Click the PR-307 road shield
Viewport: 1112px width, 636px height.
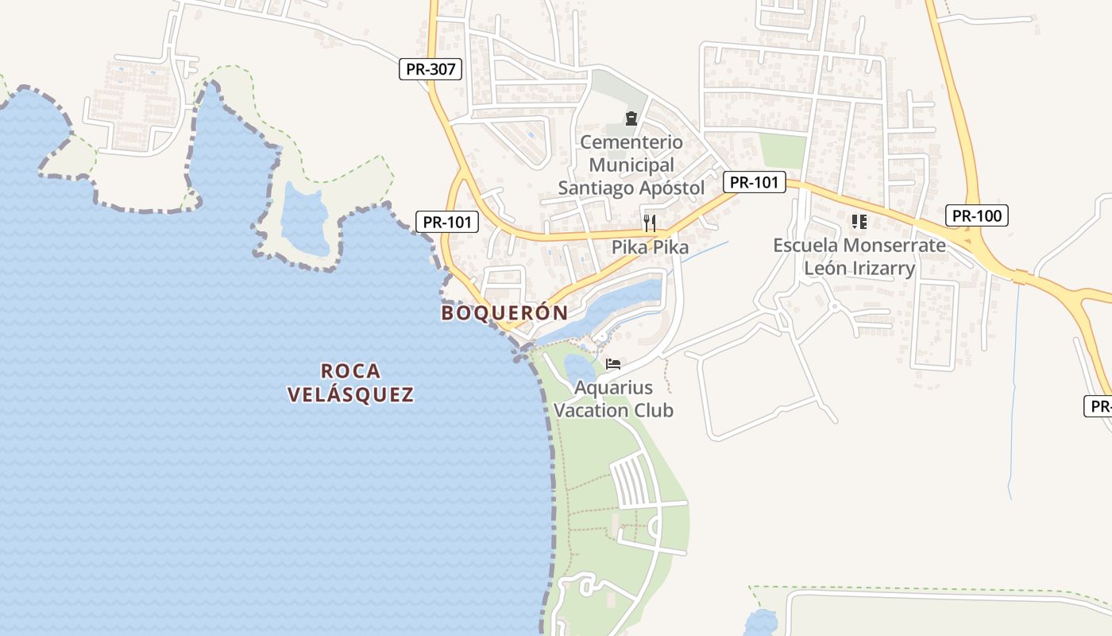(431, 69)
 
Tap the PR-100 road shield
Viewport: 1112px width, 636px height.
(977, 215)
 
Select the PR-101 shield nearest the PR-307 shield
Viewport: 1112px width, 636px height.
(447, 222)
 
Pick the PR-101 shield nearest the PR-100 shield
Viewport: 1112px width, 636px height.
(754, 182)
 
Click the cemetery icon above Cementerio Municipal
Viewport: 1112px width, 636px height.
(631, 119)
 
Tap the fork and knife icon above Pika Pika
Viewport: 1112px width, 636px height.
(650, 222)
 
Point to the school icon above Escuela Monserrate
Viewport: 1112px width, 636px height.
(859, 221)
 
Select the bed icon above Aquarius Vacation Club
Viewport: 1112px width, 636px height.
(613, 364)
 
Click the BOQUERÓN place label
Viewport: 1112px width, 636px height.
(504, 313)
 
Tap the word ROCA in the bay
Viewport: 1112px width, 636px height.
(351, 371)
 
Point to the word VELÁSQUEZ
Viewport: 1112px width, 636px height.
(350, 395)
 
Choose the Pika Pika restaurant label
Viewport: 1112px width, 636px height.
(650, 247)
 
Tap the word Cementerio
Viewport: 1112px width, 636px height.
(631, 142)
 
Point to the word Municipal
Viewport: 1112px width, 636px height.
(631, 165)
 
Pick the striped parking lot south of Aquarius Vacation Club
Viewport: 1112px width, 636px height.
(634, 481)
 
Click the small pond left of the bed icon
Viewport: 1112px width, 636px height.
(579, 367)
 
